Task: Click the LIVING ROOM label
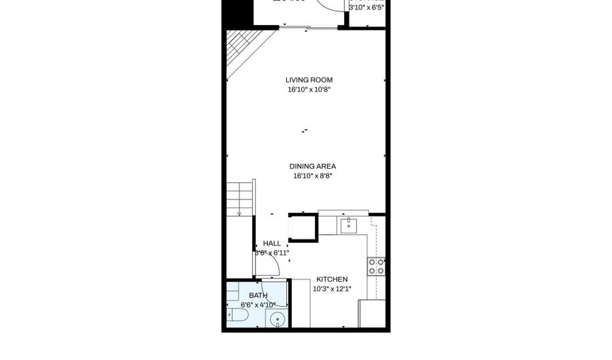309,80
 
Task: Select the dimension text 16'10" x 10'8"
309,89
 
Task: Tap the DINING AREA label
312,166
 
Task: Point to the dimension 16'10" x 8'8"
312,176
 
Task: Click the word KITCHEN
332,279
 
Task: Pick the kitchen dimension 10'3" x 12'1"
332,289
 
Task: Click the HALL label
272,243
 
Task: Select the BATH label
258,295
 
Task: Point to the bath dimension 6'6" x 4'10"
258,305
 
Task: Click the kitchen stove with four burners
376,266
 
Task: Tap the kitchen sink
348,225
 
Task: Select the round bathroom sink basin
277,319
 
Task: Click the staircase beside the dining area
239,197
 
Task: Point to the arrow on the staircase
239,214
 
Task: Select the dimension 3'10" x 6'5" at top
367,8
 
